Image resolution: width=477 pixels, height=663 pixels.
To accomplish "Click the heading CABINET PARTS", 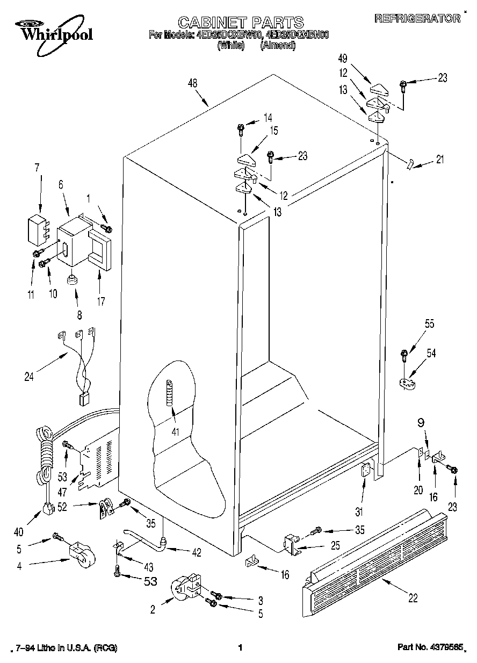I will pos(240,22).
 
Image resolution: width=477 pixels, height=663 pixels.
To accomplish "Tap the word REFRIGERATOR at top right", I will pos(417,18).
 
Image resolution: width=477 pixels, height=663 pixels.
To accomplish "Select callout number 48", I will pos(193,83).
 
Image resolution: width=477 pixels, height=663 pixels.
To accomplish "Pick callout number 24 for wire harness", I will pos(29,377).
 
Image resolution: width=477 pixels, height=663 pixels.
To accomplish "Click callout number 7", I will pos(37,167).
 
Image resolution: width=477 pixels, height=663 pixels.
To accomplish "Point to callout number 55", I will pos(414,324).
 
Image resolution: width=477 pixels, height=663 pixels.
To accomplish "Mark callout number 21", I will pos(440,159).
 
